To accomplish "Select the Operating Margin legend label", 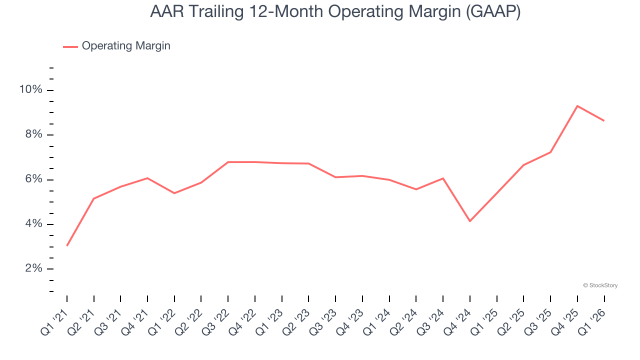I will click(126, 46).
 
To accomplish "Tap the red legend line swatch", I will click(70, 46).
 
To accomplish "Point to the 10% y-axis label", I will click(31, 90).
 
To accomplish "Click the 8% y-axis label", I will click(33, 134).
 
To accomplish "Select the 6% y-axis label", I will click(33, 179).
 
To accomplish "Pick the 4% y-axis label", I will click(33, 224).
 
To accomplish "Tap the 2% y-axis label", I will click(33, 268).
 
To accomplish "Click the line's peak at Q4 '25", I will click(577, 106).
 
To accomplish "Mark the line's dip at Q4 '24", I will click(470, 221).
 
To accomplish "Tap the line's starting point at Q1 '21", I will click(67, 245).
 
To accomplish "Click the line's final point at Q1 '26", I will click(604, 120).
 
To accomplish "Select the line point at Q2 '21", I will click(94, 198).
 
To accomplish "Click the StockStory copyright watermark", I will click(600, 285).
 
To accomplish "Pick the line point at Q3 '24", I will click(443, 178).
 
